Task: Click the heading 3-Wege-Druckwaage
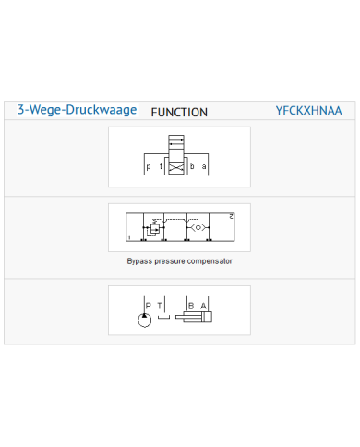point(77,110)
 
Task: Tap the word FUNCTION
point(179,113)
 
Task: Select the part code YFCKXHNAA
point(308,111)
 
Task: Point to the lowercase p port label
point(149,167)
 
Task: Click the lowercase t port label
point(161,166)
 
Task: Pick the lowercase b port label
point(192,166)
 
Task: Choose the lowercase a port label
point(204,166)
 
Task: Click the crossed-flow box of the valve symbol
point(176,168)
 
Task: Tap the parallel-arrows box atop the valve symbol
point(176,142)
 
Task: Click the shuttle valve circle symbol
point(198,227)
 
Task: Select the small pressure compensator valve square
point(155,228)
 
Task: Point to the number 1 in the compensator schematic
point(129,237)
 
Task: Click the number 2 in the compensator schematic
point(232,217)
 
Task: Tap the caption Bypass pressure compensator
point(180,261)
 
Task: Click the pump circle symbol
point(145,320)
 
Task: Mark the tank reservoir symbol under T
point(163,317)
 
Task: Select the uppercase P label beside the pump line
point(149,306)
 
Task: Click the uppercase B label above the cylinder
point(191,306)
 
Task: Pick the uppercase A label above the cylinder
point(203,306)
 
